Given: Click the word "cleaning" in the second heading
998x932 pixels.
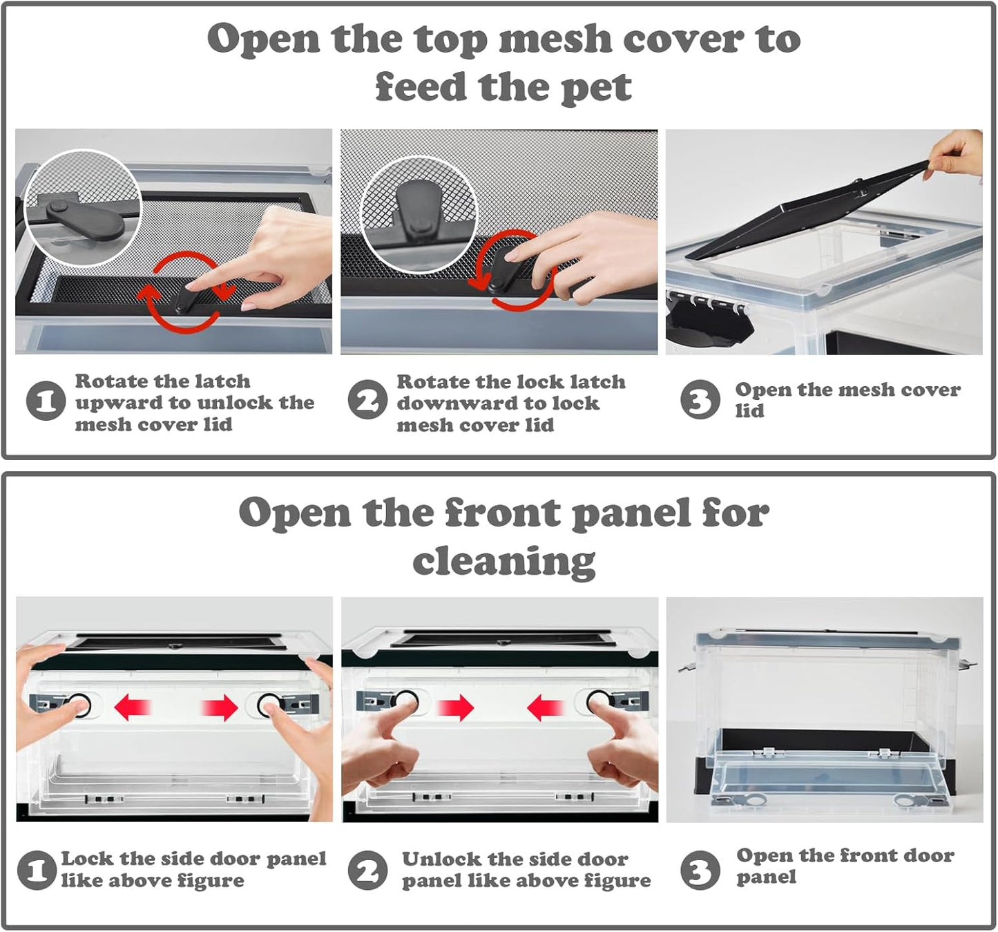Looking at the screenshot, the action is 504,562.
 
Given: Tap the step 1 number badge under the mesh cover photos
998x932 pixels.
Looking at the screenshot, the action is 46,401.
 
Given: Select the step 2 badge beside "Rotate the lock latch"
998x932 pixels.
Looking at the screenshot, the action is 368,399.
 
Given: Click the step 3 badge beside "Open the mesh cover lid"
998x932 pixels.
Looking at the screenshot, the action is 700,399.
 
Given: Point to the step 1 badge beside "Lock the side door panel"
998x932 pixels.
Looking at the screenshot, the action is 37,871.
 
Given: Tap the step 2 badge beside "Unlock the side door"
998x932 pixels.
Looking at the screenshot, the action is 368,871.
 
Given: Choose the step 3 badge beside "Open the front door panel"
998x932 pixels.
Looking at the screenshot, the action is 700,871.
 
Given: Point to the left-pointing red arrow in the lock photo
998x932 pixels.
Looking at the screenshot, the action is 133,707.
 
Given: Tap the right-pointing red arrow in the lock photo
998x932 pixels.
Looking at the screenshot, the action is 220,707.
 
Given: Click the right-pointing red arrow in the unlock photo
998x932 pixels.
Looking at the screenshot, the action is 455,707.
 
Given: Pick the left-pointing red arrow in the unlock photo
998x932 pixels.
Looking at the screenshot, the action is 546,707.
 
